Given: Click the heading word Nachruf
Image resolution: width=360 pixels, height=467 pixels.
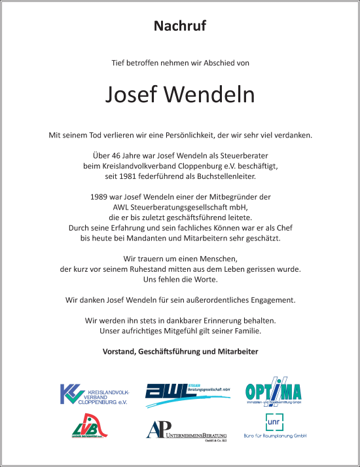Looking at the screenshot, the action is (x=180, y=26).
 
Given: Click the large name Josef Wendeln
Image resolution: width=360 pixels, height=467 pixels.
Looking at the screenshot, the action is (x=180, y=95).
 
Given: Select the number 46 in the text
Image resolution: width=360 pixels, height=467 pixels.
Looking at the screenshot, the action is (x=118, y=157).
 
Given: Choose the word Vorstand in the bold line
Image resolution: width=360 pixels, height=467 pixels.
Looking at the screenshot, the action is (x=119, y=352).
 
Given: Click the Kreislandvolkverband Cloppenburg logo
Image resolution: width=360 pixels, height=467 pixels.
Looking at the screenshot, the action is (x=94, y=394).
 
